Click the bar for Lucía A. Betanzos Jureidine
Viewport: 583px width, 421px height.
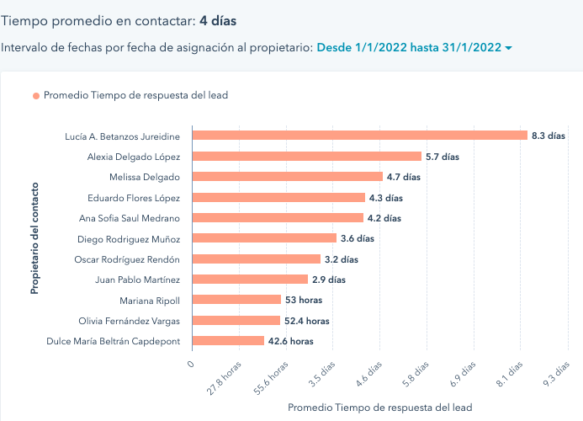(x=359, y=136)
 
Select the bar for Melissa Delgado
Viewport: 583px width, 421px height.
(x=287, y=177)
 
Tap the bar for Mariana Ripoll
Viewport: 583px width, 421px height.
(x=236, y=300)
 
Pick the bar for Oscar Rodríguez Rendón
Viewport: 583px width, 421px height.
(x=257, y=259)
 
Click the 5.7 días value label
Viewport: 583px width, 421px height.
(x=443, y=157)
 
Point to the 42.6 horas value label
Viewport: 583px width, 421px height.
(x=290, y=341)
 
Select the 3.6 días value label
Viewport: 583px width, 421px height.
(x=358, y=238)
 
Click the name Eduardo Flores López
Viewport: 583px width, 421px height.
(x=134, y=198)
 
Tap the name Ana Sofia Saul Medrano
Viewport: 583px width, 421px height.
(x=129, y=218)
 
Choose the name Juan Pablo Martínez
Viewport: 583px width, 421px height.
(x=138, y=280)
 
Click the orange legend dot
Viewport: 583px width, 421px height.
(x=36, y=96)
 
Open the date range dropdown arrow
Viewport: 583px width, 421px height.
(x=508, y=49)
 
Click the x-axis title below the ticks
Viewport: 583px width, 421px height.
(x=380, y=408)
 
